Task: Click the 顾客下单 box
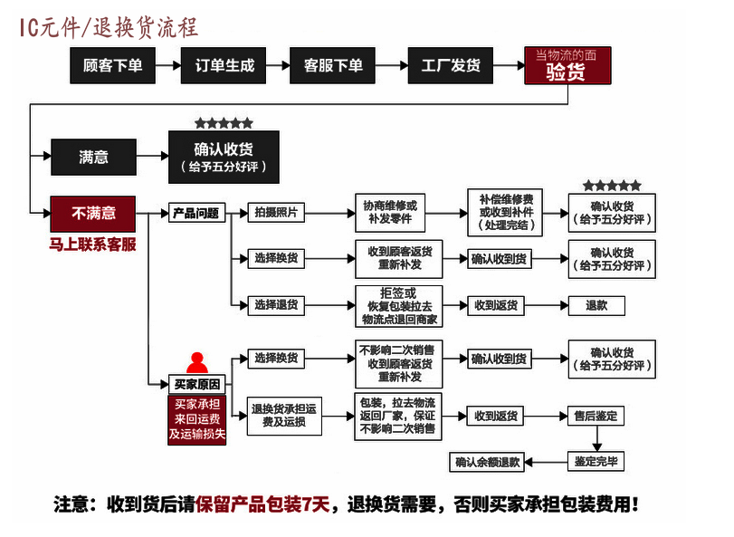pos(113,66)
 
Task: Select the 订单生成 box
pos(225,66)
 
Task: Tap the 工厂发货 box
pos(450,66)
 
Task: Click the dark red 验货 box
pos(567,66)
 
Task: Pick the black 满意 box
pos(93,157)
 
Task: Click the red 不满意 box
pos(93,214)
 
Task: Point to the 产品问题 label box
pos(195,214)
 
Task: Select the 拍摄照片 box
pos(275,214)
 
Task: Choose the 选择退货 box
pos(275,305)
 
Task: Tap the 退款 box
pos(596,305)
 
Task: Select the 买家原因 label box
pos(195,384)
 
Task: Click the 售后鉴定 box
pos(596,416)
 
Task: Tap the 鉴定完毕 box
pos(596,462)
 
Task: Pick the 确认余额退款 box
pos(488,462)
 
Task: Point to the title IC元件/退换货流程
pos(109,28)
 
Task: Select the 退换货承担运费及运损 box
pos(285,416)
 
